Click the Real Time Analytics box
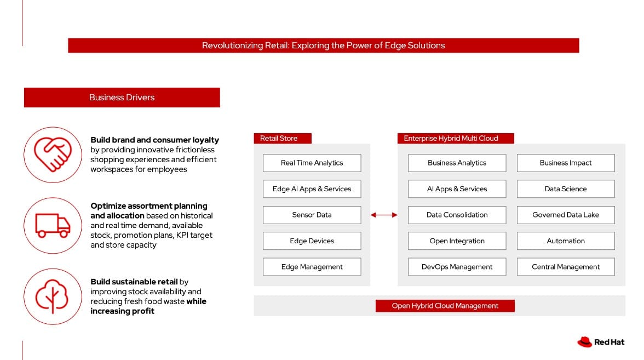click(x=312, y=163)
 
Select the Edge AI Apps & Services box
click(x=312, y=189)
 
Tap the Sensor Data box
click(x=312, y=215)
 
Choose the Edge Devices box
click(x=312, y=241)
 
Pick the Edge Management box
click(x=312, y=267)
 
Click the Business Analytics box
click(x=457, y=163)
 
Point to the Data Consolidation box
click(x=457, y=215)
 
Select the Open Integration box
click(x=457, y=241)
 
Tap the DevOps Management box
click(x=457, y=267)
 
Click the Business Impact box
click(x=566, y=163)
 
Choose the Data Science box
click(x=566, y=189)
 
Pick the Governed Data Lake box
click(x=566, y=215)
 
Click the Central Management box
click(x=566, y=267)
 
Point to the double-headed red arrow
click(x=384, y=215)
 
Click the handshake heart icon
click(x=51, y=155)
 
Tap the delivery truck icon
click(x=52, y=225)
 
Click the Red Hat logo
click(x=601, y=342)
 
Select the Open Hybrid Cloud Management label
click(x=445, y=306)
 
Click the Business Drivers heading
click(x=122, y=98)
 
